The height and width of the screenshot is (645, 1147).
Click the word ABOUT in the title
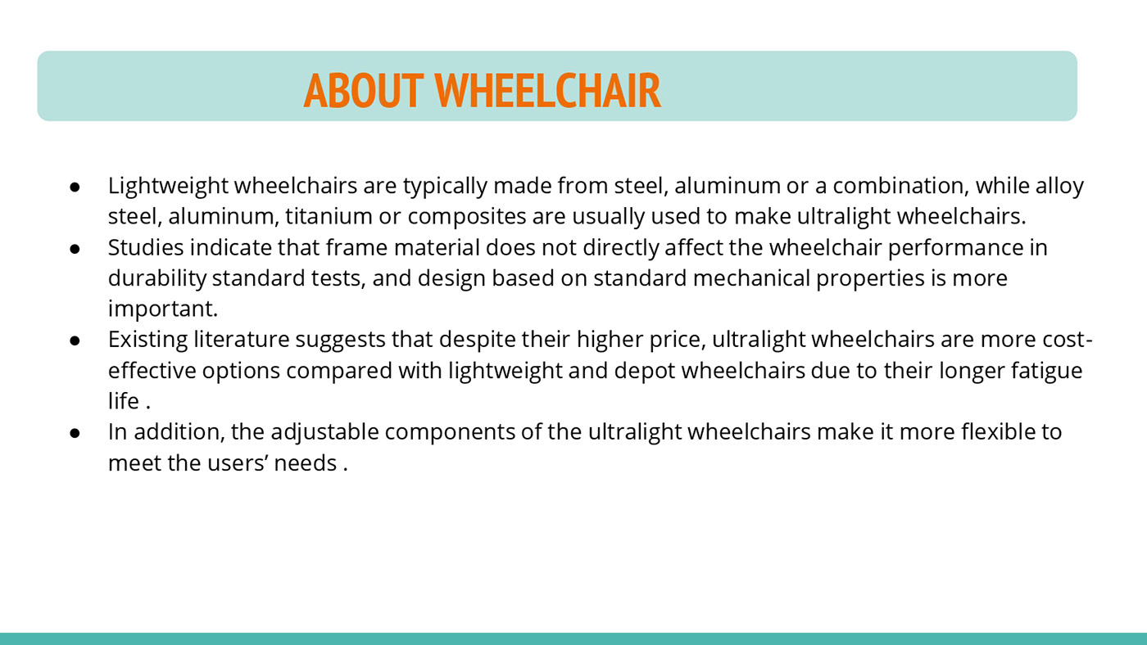[x=364, y=91]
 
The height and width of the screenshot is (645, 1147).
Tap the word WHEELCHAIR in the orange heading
[x=548, y=91]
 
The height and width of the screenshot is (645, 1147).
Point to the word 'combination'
[x=900, y=186]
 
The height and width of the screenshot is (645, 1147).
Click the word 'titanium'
[x=329, y=216]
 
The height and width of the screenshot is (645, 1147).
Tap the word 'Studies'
[x=146, y=247]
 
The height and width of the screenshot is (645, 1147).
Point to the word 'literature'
[x=242, y=340]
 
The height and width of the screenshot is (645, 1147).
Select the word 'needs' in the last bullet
[x=305, y=463]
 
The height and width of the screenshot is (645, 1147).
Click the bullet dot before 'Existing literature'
[x=75, y=341]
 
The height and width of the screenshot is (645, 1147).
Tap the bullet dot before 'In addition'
[x=75, y=433]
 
